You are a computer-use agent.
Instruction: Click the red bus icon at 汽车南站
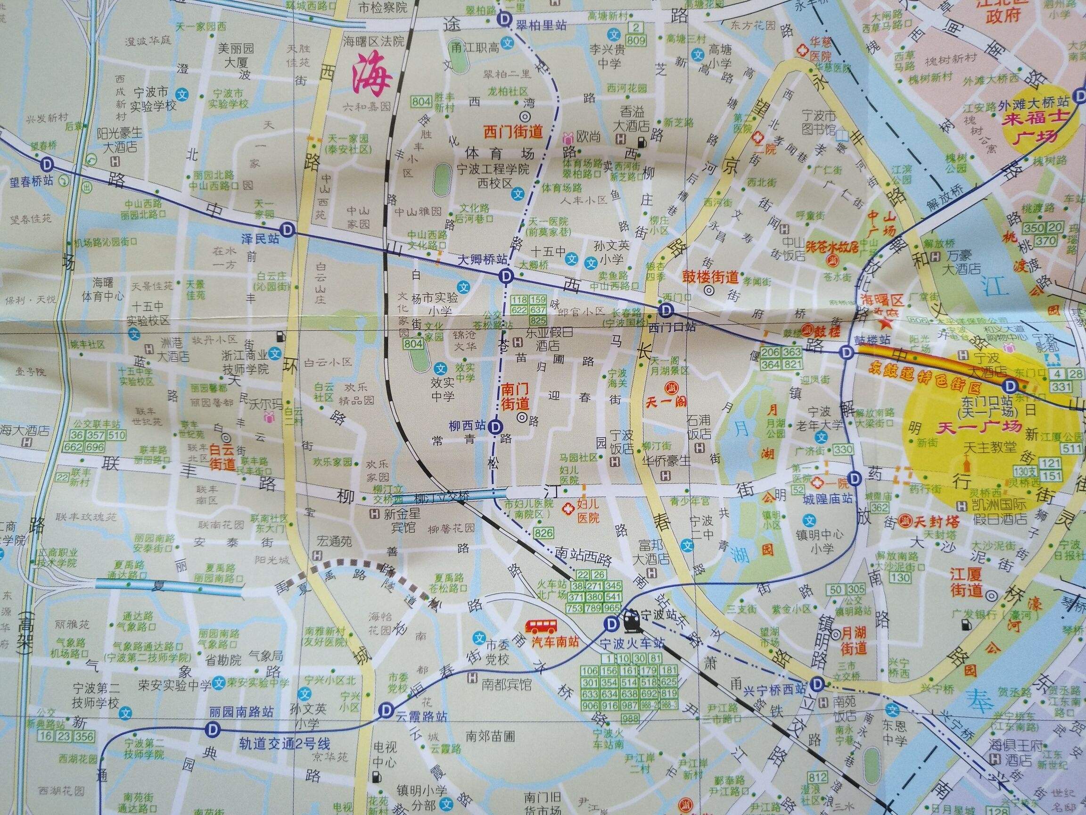pyautogui.click(x=542, y=625)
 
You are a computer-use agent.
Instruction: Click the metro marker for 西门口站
pyautogui.click(x=666, y=310)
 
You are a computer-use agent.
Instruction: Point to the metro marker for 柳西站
pyautogui.click(x=496, y=425)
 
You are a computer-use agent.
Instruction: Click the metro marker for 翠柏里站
pyautogui.click(x=504, y=20)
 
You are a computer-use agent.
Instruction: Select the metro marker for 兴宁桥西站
pyautogui.click(x=817, y=683)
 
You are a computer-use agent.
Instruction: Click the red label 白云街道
pyautogui.click(x=222, y=456)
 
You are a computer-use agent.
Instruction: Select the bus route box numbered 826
pyautogui.click(x=543, y=533)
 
